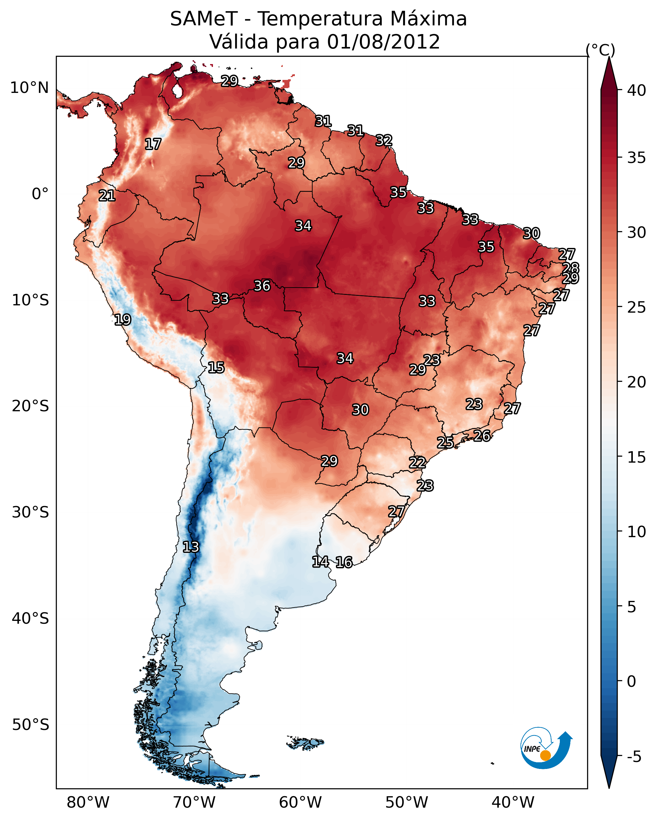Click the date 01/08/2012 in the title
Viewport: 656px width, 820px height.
(383, 42)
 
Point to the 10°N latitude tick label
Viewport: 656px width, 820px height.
(29, 88)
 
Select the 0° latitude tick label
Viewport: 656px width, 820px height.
(40, 194)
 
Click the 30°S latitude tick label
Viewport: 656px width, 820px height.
(30, 513)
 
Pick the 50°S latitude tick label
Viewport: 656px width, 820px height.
(30, 725)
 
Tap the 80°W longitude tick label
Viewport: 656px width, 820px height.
(88, 803)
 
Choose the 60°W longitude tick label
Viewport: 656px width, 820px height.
(301, 803)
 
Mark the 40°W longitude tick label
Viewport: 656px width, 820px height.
(513, 803)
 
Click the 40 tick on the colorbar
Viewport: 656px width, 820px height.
(637, 90)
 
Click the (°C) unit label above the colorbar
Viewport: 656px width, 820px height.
(600, 50)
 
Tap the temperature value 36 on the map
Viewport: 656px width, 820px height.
(262, 286)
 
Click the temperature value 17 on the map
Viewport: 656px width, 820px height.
(153, 144)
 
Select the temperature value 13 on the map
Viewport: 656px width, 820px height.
(191, 547)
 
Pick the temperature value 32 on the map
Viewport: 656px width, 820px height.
(384, 140)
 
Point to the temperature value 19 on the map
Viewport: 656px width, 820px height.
(123, 320)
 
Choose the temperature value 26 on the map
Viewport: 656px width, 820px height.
(482, 435)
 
